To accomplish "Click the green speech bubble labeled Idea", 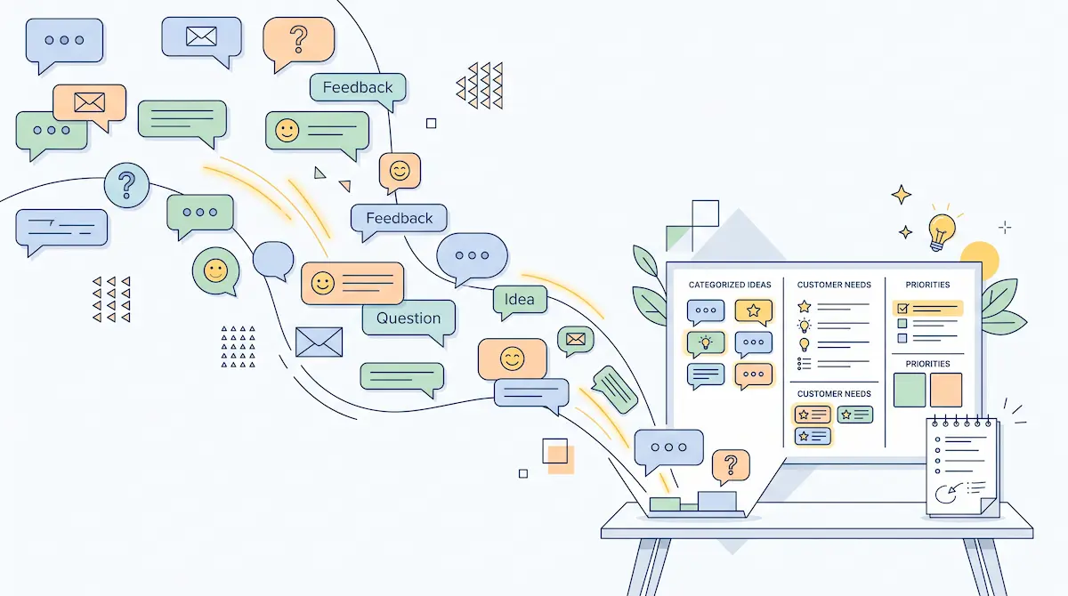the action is (520, 300).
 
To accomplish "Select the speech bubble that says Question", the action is (409, 318).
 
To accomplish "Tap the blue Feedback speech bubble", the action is (399, 219).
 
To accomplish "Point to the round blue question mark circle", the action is (126, 185).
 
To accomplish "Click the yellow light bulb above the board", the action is (942, 231).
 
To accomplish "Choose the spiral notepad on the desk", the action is (962, 467).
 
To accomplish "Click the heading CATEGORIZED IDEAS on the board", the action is (730, 285).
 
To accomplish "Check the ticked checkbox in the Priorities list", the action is (902, 309).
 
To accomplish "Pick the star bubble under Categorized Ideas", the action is (753, 312).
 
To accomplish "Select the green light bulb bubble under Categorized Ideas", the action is (706, 343).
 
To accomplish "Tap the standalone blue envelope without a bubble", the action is (319, 342).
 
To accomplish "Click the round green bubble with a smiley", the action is (216, 271).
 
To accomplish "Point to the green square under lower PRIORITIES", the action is (910, 391).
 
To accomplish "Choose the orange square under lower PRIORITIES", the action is (946, 391).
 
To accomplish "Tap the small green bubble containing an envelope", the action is (576, 340).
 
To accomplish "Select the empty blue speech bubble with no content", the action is (273, 260).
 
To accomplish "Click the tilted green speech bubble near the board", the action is (615, 390).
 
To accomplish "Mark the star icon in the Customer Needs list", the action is (805, 306).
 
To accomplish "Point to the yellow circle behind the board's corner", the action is (980, 260).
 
